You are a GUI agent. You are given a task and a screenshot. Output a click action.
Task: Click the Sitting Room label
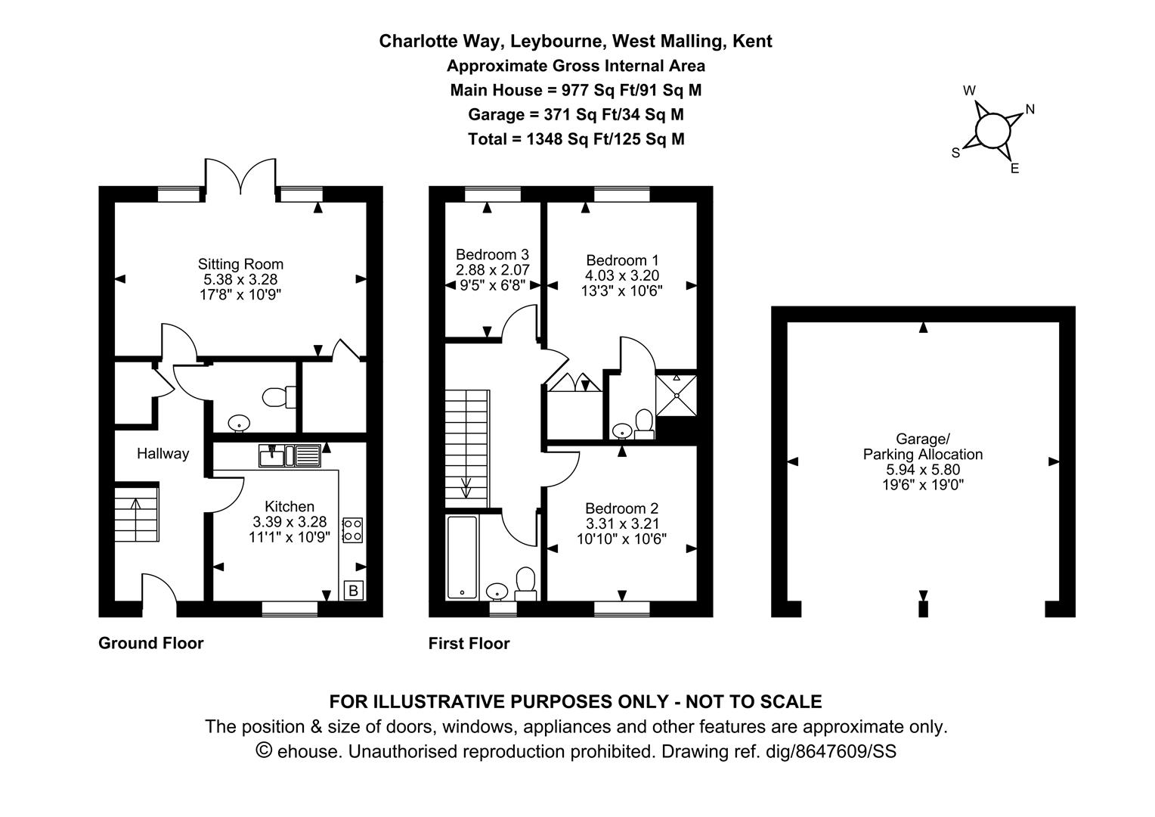point(240,264)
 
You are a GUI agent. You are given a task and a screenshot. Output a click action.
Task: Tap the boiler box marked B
point(353,590)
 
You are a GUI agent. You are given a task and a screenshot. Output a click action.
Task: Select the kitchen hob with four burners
point(352,530)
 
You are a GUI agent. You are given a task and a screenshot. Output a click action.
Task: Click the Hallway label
point(163,454)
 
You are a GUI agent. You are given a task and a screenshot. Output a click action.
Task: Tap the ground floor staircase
point(136,514)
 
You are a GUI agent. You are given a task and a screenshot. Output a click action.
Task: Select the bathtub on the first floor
point(462,557)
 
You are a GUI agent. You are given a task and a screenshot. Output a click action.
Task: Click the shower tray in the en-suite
point(676,395)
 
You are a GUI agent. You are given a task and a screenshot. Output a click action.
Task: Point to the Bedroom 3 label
point(492,255)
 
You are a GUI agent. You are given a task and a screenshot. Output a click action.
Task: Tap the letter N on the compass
point(1030,110)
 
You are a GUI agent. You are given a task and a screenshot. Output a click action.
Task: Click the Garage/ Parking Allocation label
point(923,446)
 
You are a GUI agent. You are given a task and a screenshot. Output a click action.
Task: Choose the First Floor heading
point(469,644)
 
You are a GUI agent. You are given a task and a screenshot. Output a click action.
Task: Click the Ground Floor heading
point(151,643)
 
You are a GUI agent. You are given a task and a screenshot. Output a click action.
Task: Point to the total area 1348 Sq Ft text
point(576,139)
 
